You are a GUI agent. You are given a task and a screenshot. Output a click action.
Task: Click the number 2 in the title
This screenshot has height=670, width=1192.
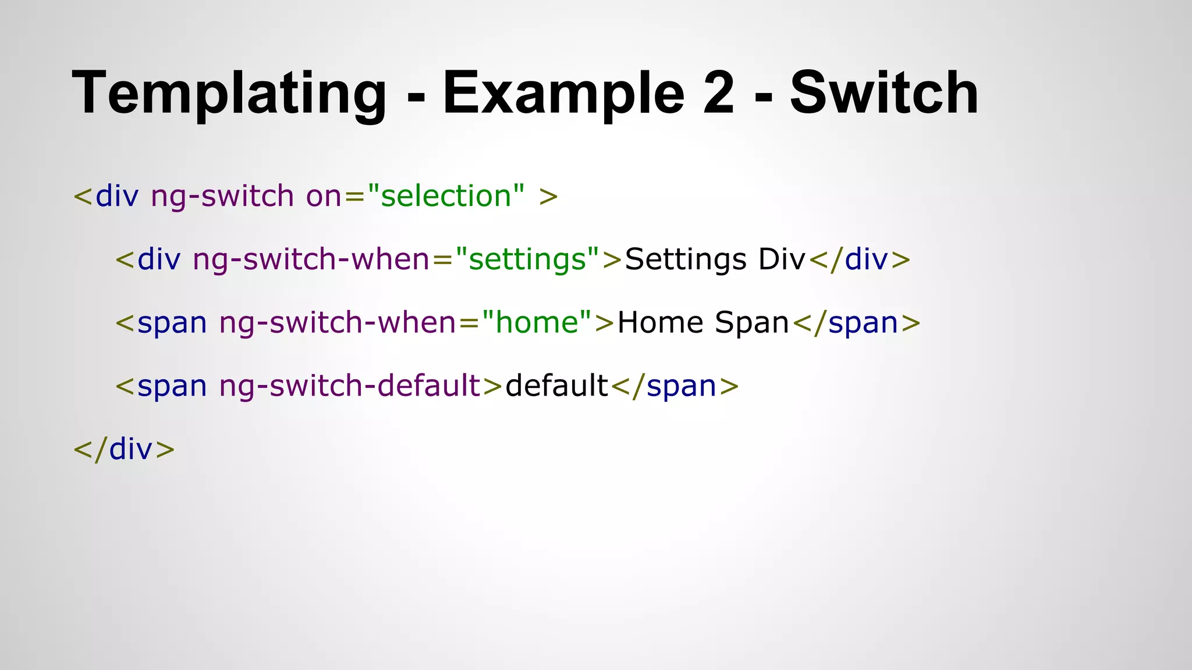click(718, 93)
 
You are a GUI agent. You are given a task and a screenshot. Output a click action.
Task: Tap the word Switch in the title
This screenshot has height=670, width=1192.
click(884, 93)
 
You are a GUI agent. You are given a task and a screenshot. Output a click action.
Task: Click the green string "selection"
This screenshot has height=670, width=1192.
click(446, 196)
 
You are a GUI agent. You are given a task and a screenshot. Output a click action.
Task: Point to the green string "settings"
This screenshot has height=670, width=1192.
click(527, 259)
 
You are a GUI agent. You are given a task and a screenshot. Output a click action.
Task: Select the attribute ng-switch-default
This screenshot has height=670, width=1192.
click(349, 386)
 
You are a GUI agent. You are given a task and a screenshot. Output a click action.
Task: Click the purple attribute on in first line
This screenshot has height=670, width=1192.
click(323, 196)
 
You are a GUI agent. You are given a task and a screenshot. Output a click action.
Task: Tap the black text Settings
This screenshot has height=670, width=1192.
click(685, 259)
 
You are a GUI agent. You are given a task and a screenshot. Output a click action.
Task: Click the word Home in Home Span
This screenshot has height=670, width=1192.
click(660, 323)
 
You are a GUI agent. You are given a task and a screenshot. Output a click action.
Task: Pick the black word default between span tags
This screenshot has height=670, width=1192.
click(556, 386)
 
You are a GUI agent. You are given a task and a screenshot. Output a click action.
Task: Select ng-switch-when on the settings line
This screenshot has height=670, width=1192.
click(311, 259)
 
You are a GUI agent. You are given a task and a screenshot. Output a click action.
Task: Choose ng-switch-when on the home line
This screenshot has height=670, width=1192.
click(338, 323)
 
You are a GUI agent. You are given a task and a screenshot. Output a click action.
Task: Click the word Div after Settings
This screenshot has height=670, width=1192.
click(782, 259)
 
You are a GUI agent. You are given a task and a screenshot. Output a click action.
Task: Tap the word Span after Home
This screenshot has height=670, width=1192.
click(751, 323)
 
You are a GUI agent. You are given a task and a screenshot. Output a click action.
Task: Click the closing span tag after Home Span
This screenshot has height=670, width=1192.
click(856, 323)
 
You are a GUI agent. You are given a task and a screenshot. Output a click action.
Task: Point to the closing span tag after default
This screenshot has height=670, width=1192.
click(675, 386)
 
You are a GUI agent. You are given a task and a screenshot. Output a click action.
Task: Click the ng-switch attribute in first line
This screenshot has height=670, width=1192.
click(222, 196)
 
